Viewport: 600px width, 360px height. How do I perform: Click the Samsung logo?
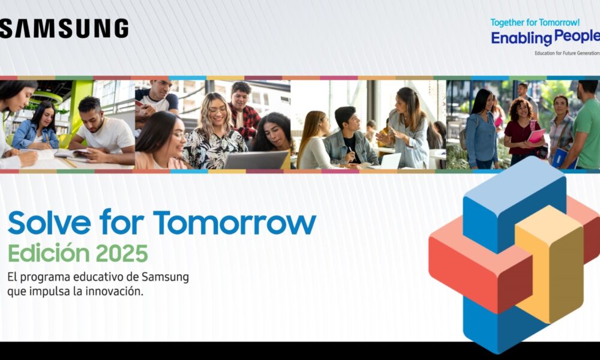[x=64, y=29]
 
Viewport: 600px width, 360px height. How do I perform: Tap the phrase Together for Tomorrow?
[x=535, y=23]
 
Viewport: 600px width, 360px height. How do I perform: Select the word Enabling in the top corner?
[x=521, y=38]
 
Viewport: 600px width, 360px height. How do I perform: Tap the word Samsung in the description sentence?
[x=165, y=277]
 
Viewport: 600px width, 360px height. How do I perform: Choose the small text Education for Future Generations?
[x=567, y=53]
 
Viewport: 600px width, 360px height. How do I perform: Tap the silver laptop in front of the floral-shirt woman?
[x=255, y=160]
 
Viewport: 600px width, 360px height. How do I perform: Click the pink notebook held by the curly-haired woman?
[x=536, y=136]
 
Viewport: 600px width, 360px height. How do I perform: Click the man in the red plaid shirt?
[x=242, y=111]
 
